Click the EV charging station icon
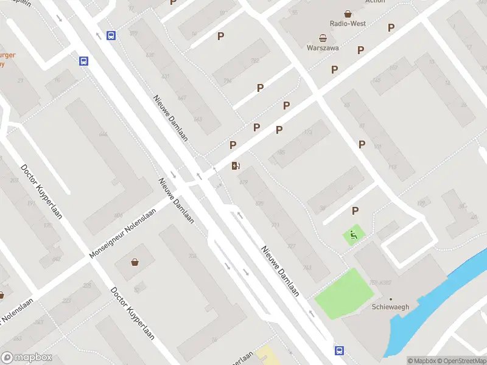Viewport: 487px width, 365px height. point(236,165)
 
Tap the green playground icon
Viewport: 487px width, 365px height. point(352,234)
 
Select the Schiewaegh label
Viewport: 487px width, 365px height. point(390,307)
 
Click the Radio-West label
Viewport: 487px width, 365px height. point(347,23)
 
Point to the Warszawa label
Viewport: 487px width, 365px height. point(323,47)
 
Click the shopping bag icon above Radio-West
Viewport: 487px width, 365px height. point(348,13)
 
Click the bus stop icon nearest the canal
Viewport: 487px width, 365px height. point(338,350)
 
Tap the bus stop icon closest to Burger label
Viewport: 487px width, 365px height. point(83,61)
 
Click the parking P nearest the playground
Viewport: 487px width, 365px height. point(355,210)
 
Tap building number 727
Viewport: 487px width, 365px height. point(291,246)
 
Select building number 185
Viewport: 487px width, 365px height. point(281,152)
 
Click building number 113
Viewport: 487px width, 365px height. point(393,167)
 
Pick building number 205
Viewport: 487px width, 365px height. point(87,285)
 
